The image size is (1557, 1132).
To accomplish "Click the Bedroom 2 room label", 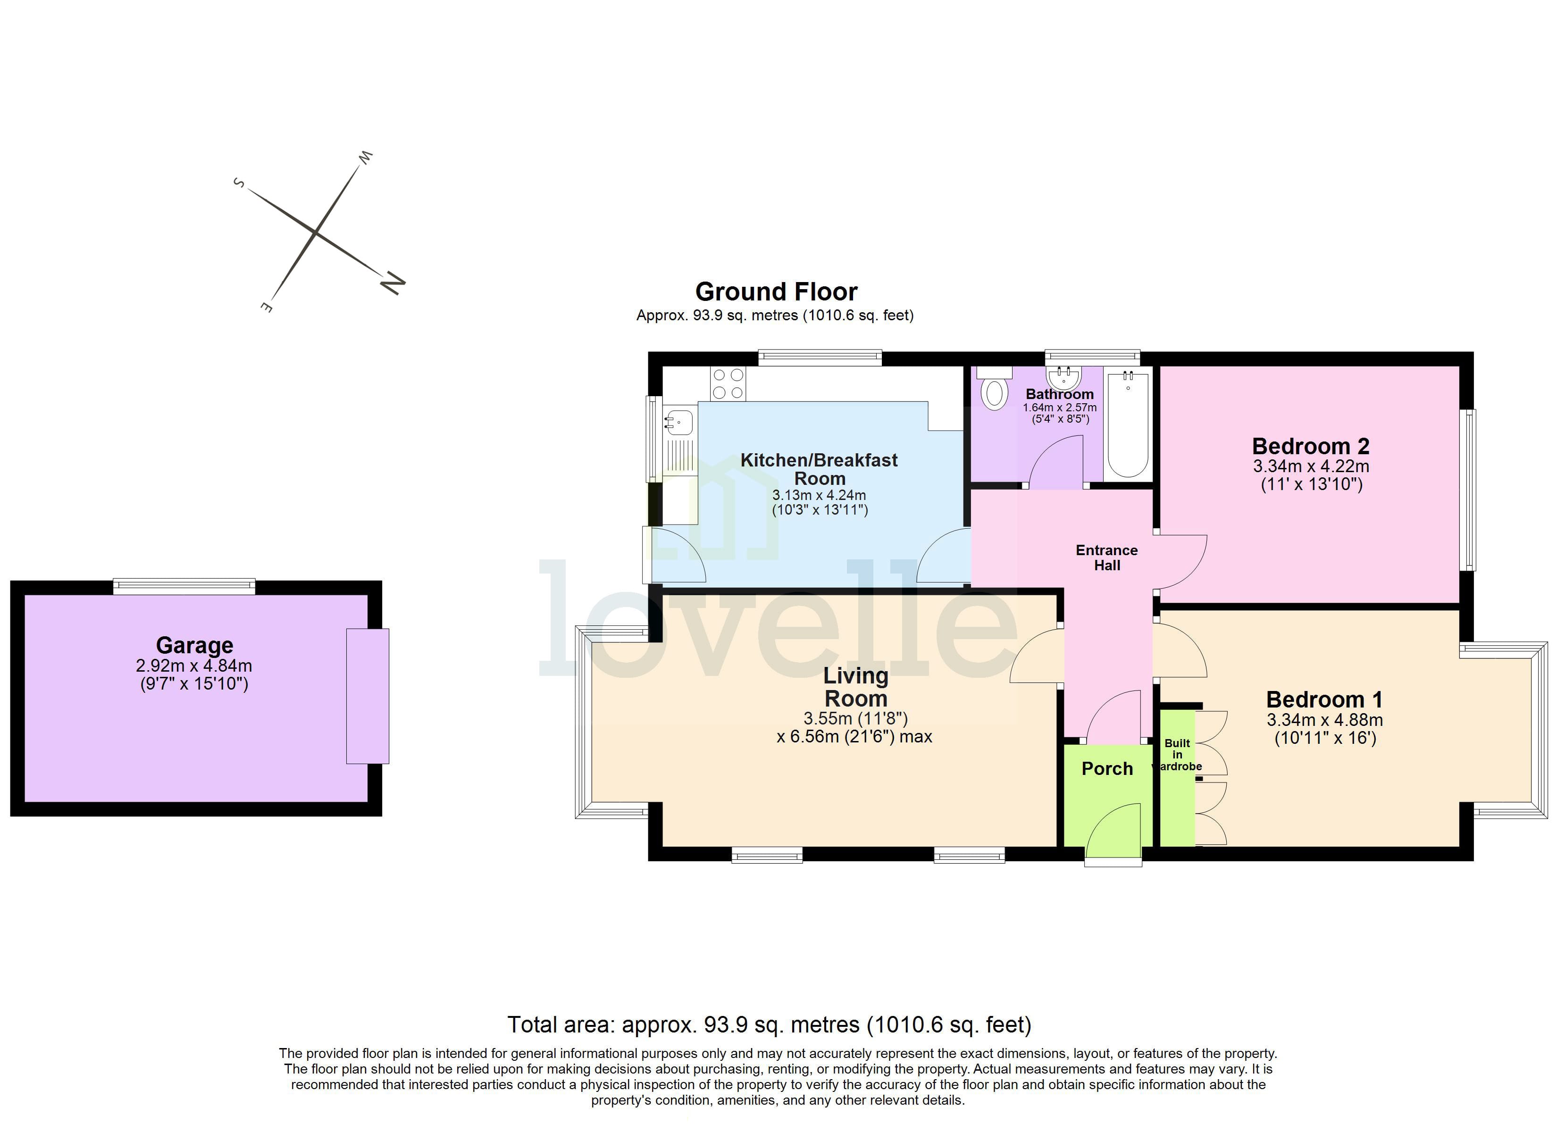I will pos(1310,446).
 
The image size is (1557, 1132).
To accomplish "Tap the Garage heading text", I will pos(194,645).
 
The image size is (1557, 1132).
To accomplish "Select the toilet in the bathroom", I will pos(995,391).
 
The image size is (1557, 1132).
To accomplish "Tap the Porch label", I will pos(1107,769).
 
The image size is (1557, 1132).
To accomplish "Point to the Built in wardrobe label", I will pos(1177,755).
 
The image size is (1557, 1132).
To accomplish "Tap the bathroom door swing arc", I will pos(1054,461).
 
